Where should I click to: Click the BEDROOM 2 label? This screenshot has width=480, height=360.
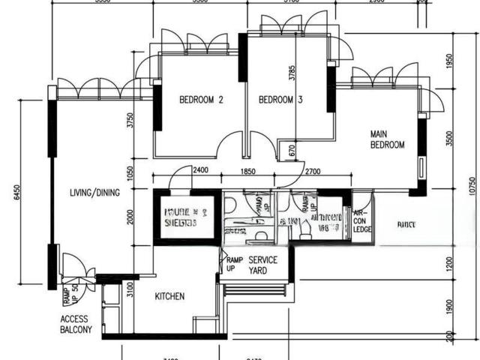coord(201,99)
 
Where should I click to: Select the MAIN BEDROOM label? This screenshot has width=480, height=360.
coord(387,139)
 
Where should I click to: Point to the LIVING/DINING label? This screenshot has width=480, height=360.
coord(94,193)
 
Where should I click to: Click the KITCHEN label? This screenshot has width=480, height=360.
coord(169,296)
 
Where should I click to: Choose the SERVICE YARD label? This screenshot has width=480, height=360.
coord(262,265)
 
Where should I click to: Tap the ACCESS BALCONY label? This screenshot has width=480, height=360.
coord(76,324)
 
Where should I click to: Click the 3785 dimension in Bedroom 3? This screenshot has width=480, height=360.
coord(292,73)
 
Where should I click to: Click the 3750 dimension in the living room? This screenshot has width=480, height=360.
coord(130,121)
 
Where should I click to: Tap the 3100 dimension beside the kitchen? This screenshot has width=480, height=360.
coord(130,290)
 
